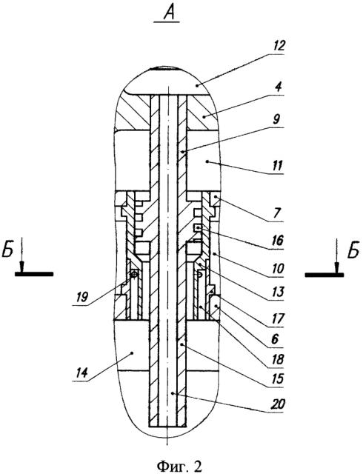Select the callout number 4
279,87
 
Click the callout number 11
277,166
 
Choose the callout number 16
277,241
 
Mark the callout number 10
277,268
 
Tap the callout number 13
277,292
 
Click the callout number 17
277,318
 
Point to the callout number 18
277,359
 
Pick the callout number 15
277,379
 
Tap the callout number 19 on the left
82,297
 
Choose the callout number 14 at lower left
81,372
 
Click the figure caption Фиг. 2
179,466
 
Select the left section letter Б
8,250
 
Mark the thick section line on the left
34,274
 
